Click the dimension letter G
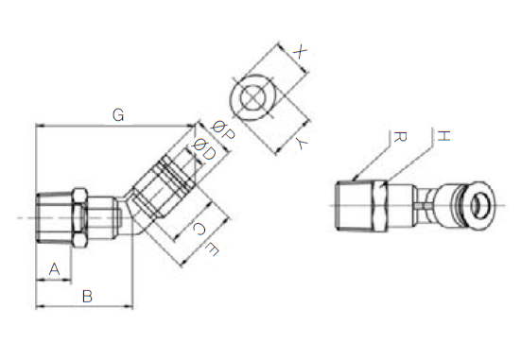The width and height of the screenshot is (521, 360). point(118,115)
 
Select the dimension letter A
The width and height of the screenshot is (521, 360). point(55,269)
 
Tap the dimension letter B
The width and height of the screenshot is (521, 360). point(87,297)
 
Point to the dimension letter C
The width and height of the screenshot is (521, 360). point(199,229)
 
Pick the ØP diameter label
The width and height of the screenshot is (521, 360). point(223,130)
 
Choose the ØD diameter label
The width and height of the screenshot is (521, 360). point(204,149)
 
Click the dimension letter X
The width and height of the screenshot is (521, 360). point(300,52)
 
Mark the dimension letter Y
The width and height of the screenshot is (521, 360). point(302,144)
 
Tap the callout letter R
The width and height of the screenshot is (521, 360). point(400,136)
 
